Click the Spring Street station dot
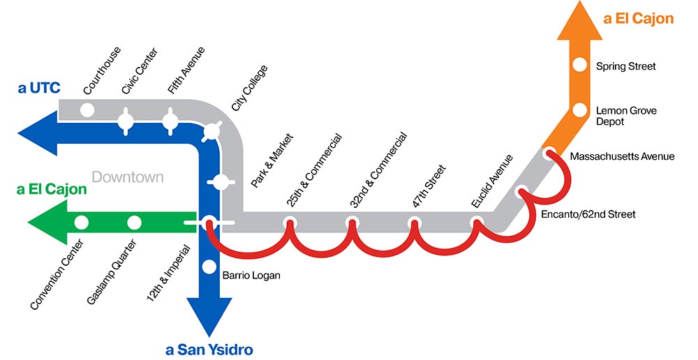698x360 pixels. point(579,66)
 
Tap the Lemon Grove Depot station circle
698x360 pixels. point(579,110)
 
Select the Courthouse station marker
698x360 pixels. point(87,110)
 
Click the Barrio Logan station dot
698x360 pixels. point(209,266)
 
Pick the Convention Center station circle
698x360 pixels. point(81,223)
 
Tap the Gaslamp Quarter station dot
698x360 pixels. point(134,223)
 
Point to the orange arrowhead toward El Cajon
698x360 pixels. point(579,21)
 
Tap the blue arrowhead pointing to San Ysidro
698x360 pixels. point(209,317)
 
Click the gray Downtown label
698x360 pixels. point(128,177)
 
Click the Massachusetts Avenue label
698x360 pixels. point(622,156)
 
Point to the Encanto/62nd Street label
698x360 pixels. point(588,214)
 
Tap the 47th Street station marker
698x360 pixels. point(414,223)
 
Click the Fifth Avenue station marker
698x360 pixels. point(170,120)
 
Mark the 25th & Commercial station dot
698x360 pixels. point(290,223)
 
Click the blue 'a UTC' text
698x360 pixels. point(40,88)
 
